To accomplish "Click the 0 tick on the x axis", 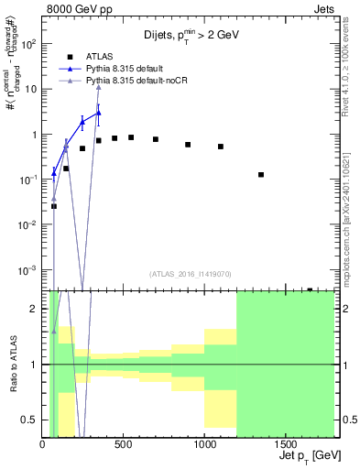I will pyautogui.click(x=43, y=442).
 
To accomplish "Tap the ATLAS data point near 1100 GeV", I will pyautogui.click(x=221, y=147).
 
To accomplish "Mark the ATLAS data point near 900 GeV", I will pyautogui.click(x=188, y=145).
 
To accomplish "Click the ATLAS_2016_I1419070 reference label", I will pyautogui.click(x=189, y=273).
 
